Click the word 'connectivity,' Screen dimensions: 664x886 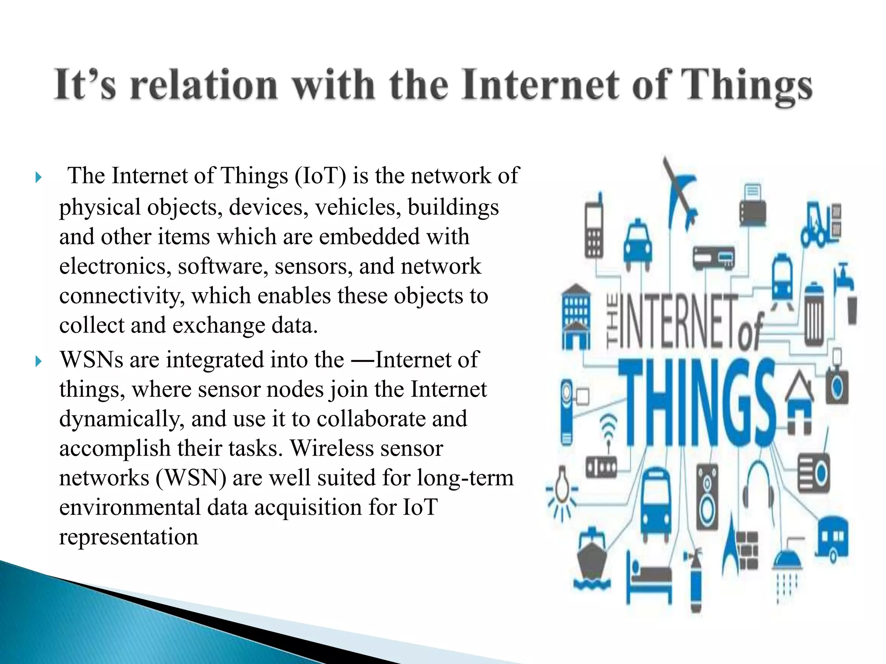coord(122,297)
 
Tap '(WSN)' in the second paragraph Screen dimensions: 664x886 coord(191,478)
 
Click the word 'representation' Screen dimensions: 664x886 coord(128,537)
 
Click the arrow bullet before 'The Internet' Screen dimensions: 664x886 coord(39,177)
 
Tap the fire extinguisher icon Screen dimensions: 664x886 coord(695,579)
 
